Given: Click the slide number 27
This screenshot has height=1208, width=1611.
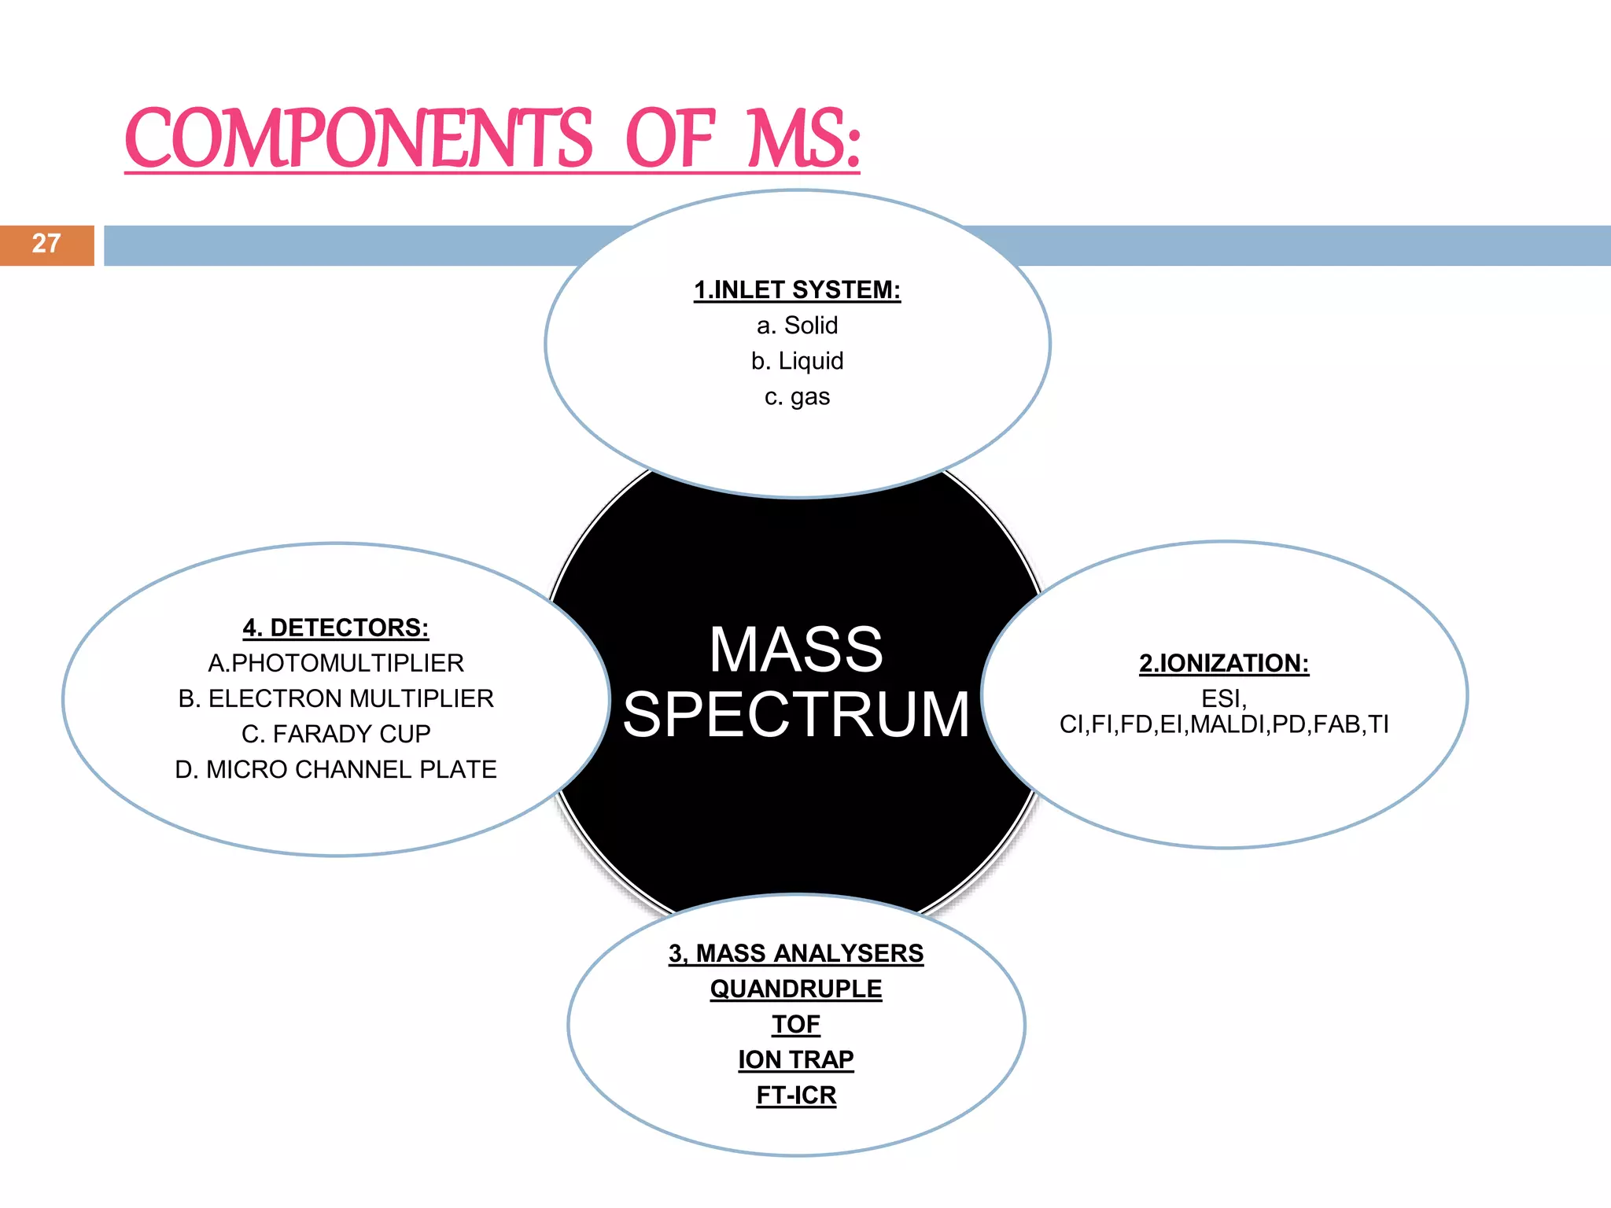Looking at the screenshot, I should point(46,244).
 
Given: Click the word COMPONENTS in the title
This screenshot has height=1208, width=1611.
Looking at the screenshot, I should point(359,139).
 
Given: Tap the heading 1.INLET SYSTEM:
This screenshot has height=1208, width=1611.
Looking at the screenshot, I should point(797,290).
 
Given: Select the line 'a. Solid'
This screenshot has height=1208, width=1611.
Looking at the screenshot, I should point(797,326).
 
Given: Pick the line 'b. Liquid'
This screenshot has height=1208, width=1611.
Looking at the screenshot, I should point(797,361).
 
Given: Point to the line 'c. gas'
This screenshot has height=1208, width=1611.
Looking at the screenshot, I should point(797,396).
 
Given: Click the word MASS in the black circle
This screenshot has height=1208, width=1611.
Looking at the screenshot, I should point(796,650).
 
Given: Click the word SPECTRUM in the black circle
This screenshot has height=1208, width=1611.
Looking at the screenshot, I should point(796,714).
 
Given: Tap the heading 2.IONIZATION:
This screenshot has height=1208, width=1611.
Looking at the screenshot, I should point(1224,663).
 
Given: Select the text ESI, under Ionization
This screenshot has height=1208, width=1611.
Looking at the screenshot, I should point(1224,698).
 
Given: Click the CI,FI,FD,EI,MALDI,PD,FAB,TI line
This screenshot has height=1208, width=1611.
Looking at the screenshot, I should point(1224,724).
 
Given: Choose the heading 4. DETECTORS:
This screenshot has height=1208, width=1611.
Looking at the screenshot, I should point(336,628).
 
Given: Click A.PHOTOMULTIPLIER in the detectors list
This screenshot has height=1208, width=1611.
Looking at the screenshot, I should point(336,663).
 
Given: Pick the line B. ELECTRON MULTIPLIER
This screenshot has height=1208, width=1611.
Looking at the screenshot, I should point(336,698).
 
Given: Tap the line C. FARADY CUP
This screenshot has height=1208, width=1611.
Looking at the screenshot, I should point(336,734).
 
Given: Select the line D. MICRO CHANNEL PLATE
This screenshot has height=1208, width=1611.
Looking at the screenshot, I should point(336,769).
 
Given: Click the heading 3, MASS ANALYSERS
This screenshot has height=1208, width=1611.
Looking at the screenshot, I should point(796,953).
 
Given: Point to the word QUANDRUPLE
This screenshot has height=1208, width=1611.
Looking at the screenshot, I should point(796,989).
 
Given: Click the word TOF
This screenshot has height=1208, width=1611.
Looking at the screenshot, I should point(796,1024).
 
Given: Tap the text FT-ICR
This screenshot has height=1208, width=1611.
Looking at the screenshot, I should point(796,1095).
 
